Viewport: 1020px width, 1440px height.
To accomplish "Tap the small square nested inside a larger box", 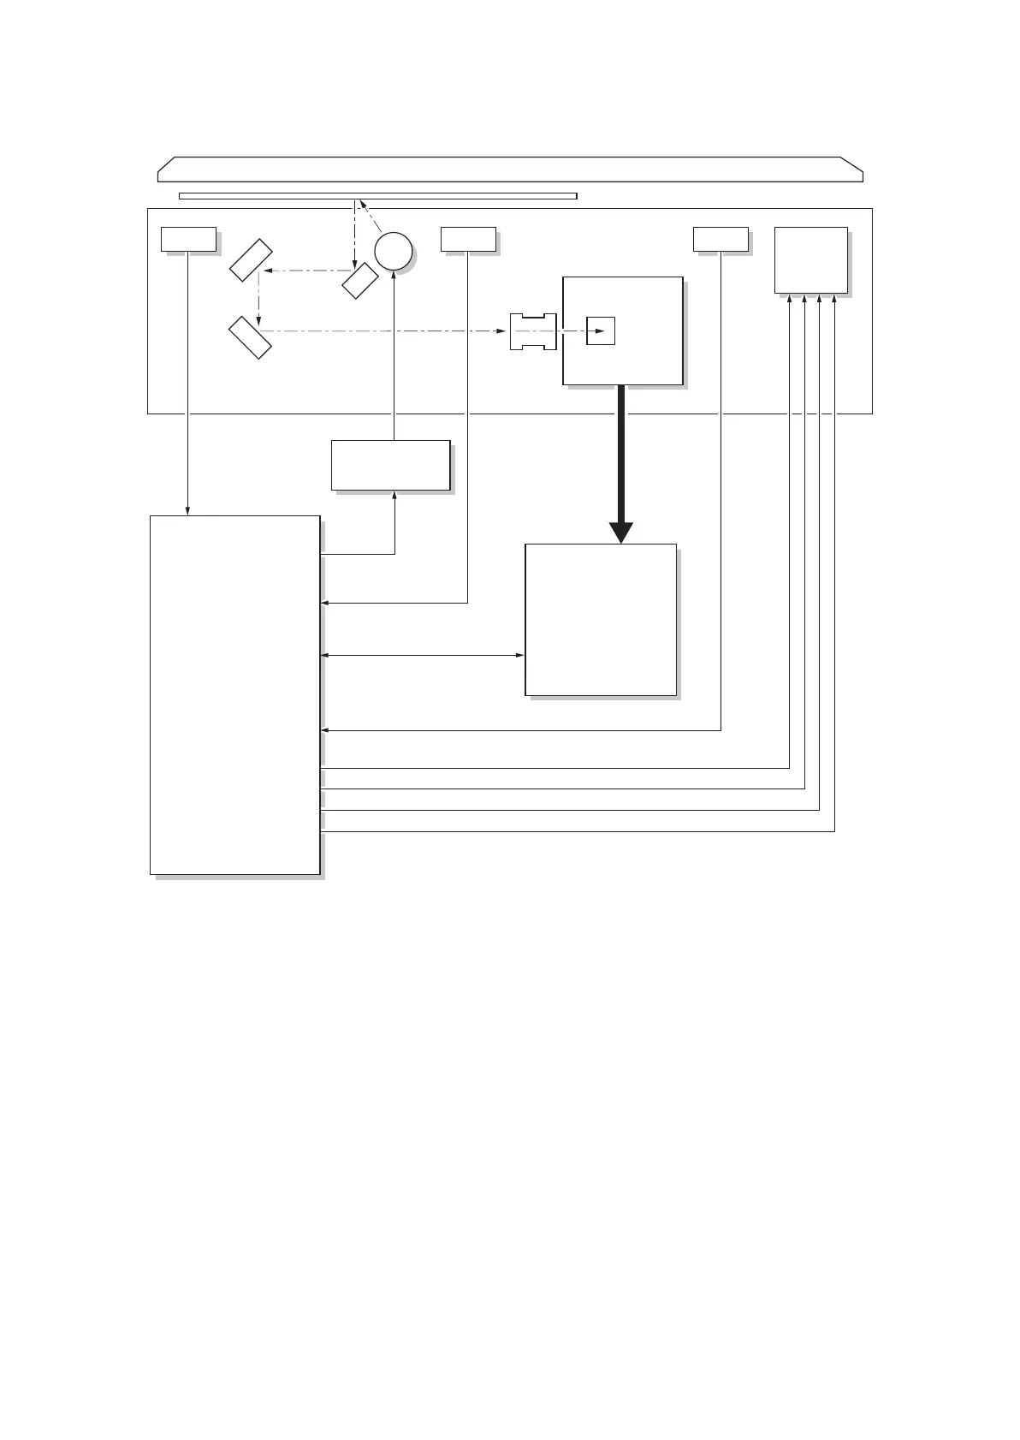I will point(601,331).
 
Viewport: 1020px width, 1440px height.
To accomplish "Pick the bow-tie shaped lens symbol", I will point(533,331).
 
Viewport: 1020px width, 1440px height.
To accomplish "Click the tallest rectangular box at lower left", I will point(234,694).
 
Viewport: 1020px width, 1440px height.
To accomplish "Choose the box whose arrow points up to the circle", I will point(390,465).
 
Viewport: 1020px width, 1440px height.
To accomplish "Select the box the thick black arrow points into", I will point(600,619).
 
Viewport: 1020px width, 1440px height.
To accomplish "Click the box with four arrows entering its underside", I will point(810,260).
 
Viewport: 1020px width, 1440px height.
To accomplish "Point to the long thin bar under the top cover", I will point(377,196).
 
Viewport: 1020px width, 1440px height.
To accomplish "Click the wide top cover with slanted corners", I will point(510,170).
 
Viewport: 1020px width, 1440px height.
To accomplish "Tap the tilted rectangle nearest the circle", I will point(360,280).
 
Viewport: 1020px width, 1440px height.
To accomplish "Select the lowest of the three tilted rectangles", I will point(251,336).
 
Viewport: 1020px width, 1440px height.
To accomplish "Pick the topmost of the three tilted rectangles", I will point(252,260).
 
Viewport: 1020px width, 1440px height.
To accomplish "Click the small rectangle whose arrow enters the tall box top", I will point(188,239).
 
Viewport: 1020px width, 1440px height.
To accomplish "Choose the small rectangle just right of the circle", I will point(468,239).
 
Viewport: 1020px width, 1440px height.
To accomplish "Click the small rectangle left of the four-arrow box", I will point(721,239).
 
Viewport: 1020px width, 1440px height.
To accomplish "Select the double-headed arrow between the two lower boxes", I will point(422,656).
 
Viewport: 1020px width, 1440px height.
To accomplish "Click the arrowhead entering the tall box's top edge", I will point(188,511).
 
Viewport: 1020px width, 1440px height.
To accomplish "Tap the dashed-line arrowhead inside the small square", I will point(610,331).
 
